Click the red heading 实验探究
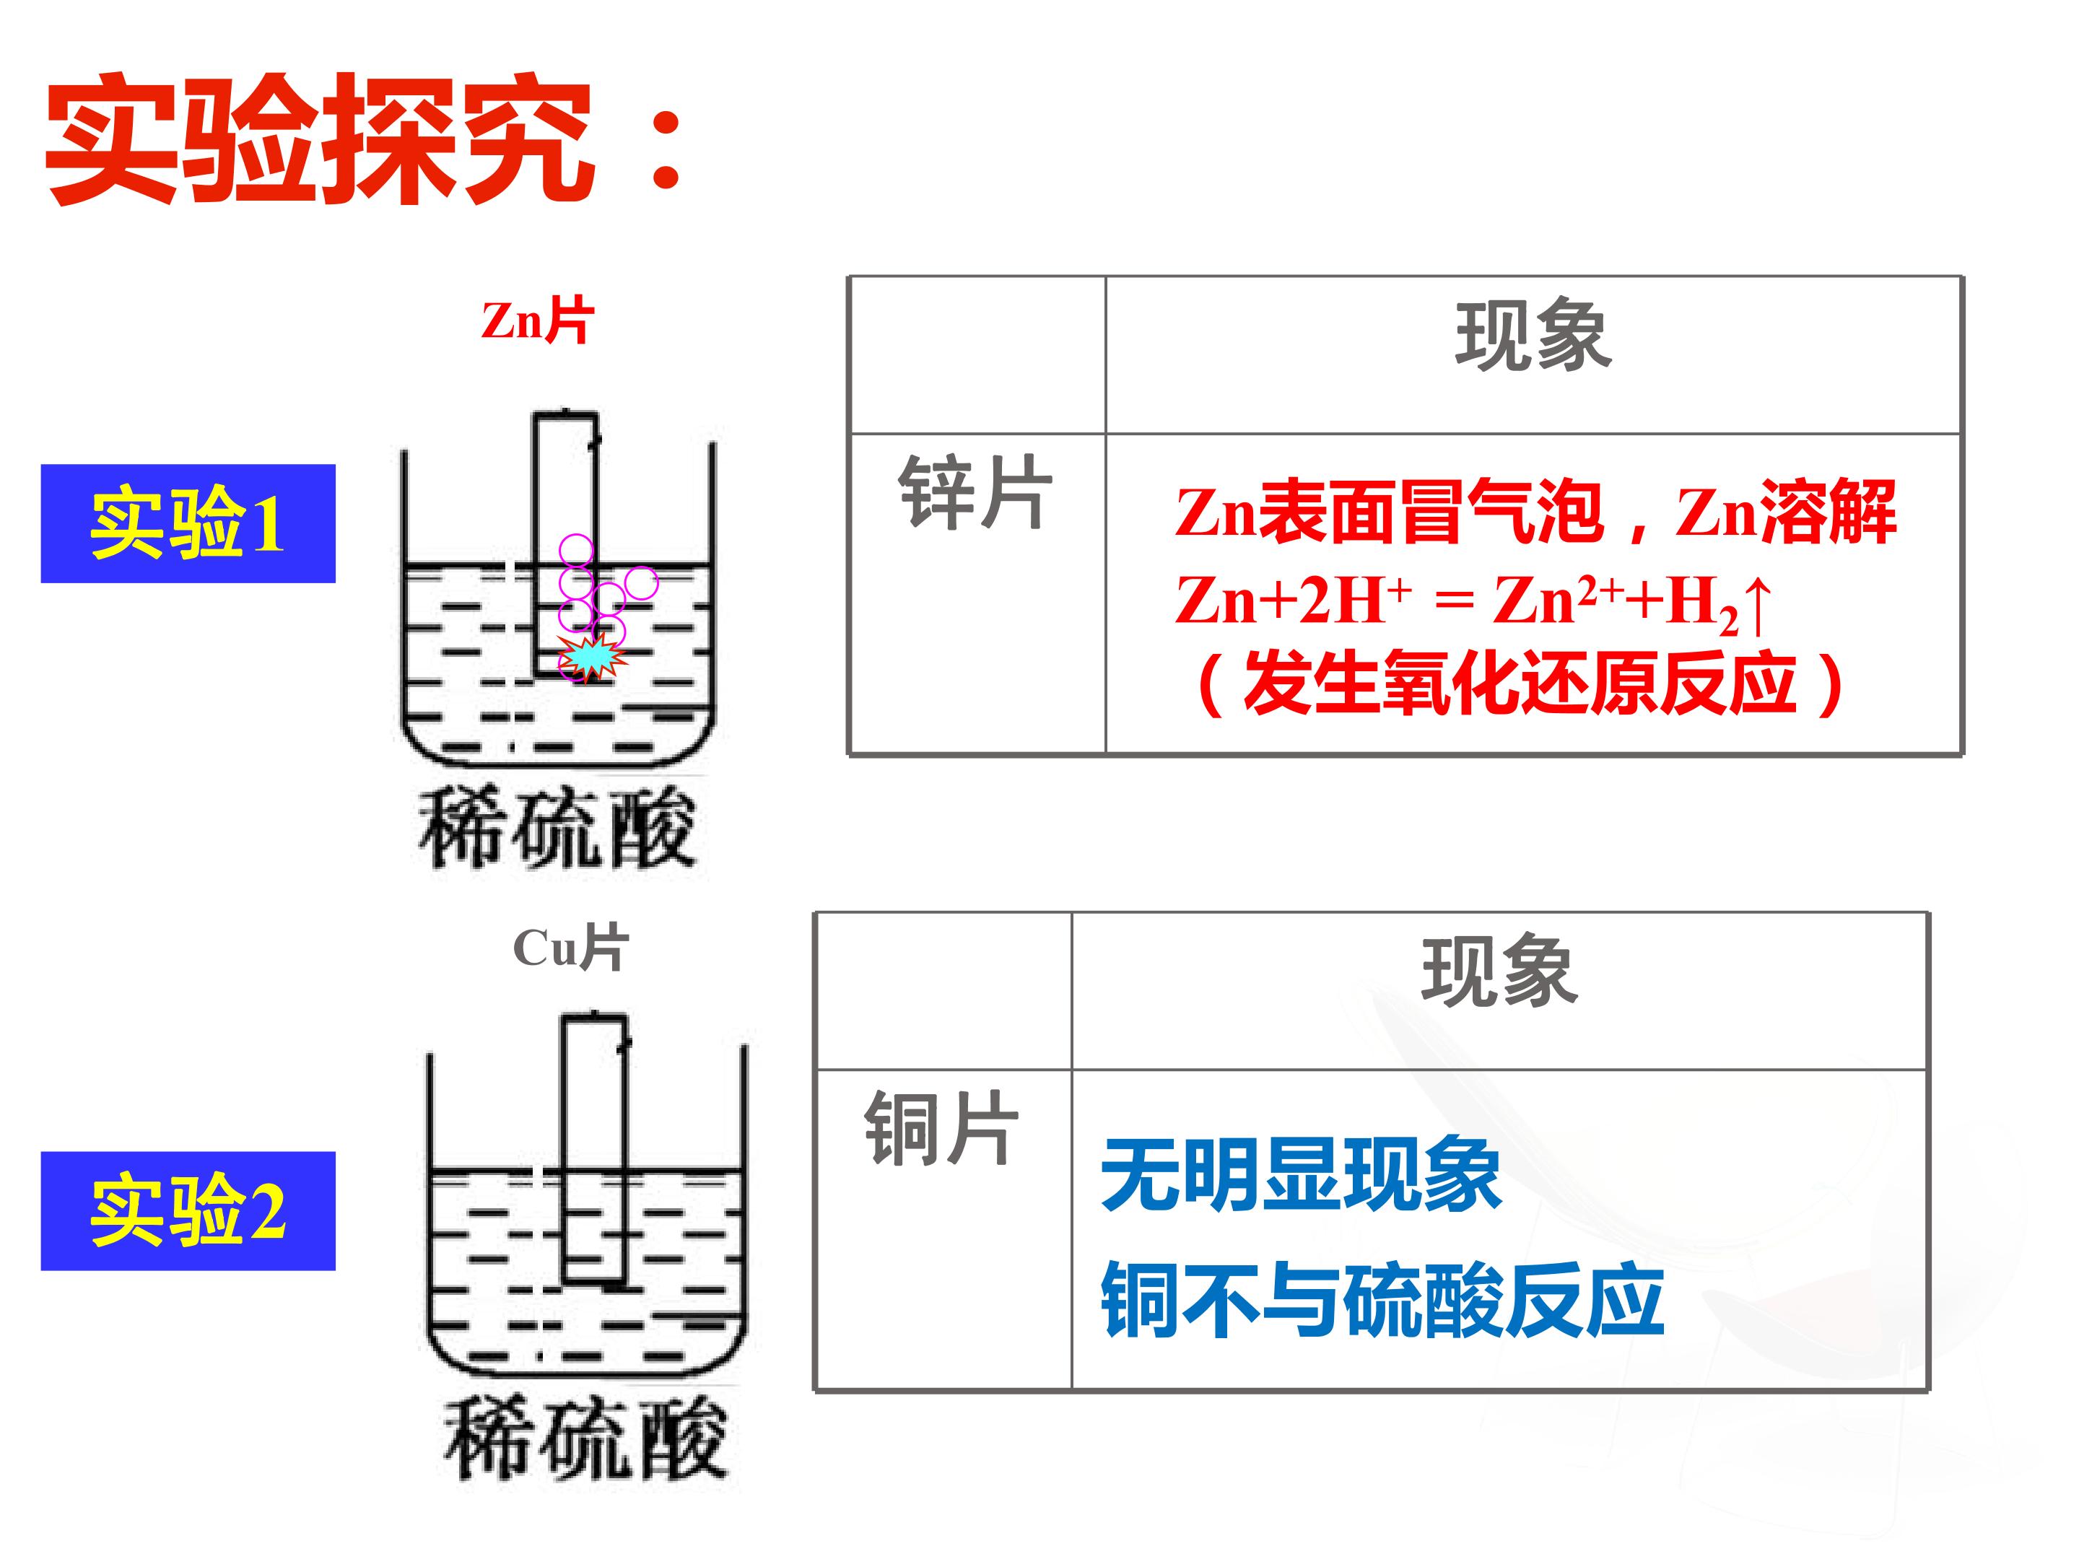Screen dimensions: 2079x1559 click(x=320, y=139)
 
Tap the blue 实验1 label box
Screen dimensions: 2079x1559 click(x=188, y=523)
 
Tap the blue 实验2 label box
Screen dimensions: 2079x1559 click(x=188, y=1210)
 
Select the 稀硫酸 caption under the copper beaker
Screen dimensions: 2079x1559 click(x=585, y=1438)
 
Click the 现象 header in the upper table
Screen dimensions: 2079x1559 click(x=1533, y=336)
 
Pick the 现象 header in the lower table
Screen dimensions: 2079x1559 click(x=1499, y=971)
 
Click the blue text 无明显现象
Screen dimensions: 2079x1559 click(x=1301, y=1174)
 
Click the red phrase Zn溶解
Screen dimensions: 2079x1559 click(x=1786, y=513)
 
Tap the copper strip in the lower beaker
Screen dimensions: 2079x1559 click(x=594, y=1148)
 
